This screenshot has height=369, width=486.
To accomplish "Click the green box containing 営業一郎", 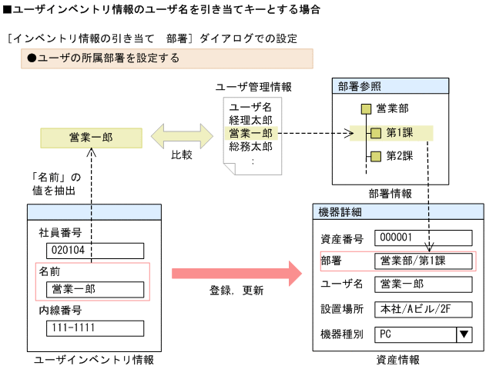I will [90, 138].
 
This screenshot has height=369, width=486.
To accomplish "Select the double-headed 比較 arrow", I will [182, 137].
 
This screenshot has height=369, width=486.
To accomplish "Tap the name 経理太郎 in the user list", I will [250, 120].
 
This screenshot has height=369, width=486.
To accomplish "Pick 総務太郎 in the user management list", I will [250, 146].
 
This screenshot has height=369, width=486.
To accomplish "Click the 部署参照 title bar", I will [390, 86].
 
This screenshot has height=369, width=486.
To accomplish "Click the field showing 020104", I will [94, 251].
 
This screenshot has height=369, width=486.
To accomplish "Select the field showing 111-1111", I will [94, 328].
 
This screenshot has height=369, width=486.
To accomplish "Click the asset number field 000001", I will [423, 238].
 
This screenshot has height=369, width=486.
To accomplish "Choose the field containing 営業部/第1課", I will [423, 261].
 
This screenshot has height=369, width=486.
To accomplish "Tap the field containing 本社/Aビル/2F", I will [423, 309].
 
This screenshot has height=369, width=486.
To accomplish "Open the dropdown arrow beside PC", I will [464, 334].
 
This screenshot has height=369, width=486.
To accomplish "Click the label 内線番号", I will [60, 311].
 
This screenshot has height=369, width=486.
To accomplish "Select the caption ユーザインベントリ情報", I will [94, 359].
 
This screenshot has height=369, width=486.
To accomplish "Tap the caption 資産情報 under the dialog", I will [398, 359].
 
